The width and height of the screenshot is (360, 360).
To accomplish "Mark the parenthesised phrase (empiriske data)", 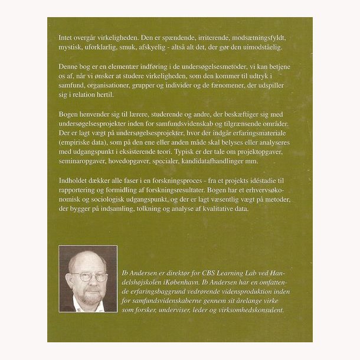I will [86, 143].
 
